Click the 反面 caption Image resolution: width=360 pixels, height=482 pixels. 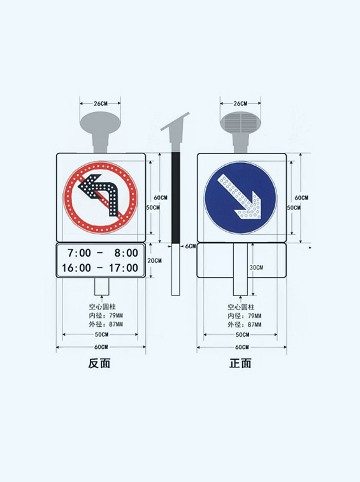tap(99, 363)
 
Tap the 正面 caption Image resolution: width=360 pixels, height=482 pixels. tap(240, 363)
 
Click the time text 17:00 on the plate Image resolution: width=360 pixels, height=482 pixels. tap(124, 268)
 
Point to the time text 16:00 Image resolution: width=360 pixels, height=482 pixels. tap(76, 268)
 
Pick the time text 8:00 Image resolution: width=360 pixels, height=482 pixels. tap(126, 253)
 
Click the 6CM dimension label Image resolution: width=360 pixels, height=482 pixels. tap(191, 246)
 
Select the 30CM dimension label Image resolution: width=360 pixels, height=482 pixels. tap(256, 268)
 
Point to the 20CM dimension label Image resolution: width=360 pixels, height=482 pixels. tap(154, 260)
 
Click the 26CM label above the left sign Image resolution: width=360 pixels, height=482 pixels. tap(101, 104)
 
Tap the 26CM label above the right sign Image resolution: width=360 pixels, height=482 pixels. tap(240, 104)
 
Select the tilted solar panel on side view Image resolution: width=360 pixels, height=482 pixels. tap(175, 122)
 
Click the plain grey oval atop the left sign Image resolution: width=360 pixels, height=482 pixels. tap(100, 122)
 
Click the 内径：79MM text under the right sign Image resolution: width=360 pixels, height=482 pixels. tap(245, 316)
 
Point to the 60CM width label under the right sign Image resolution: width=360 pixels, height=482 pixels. tap(242, 347)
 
